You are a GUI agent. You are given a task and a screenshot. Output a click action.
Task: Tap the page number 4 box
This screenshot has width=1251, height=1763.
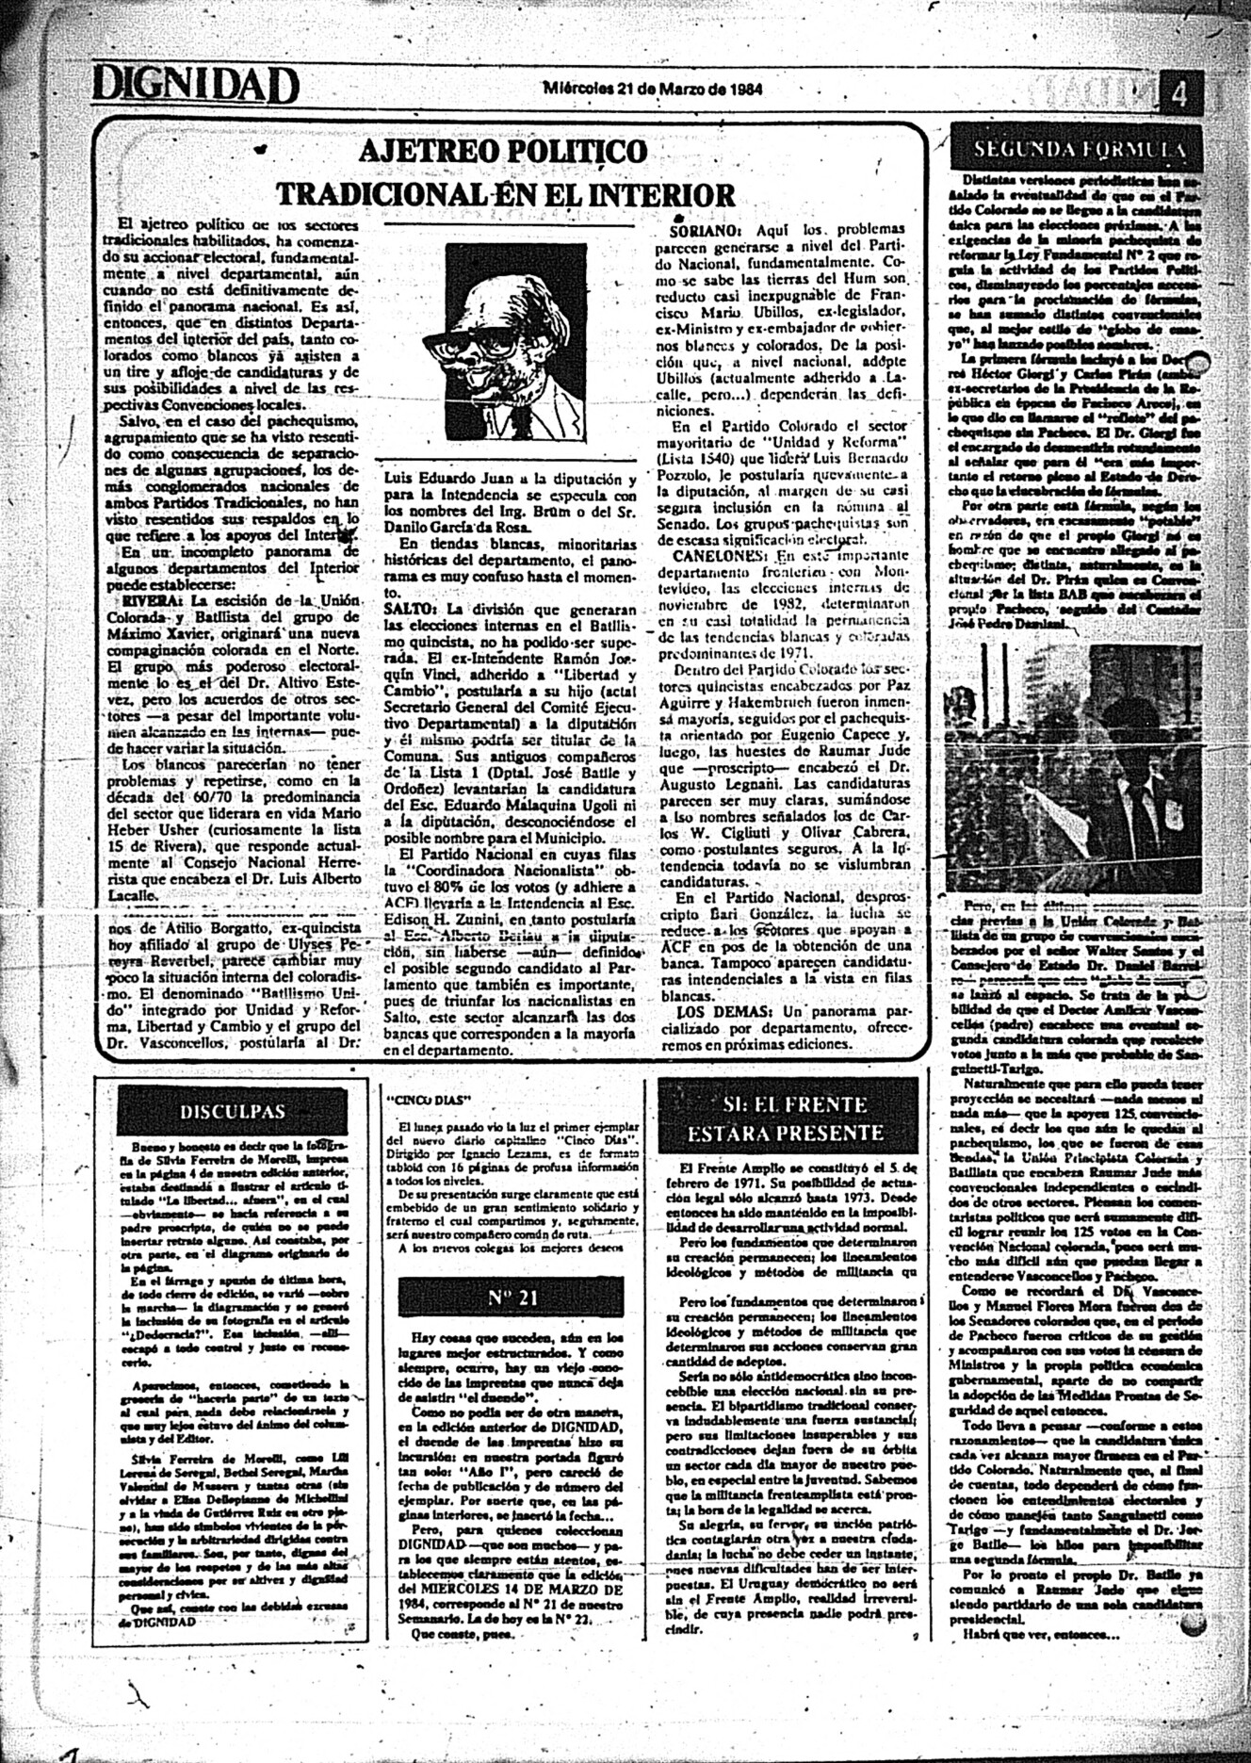(x=1179, y=95)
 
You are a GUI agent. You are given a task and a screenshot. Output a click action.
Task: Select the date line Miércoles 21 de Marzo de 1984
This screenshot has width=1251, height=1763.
(x=653, y=90)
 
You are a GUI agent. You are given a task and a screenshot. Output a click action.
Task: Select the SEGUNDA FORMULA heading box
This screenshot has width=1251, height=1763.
(x=1080, y=149)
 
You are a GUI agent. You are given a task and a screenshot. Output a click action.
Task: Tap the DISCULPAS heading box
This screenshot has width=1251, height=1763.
(x=233, y=1112)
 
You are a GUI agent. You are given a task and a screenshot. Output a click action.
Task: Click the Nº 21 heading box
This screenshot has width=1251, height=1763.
(x=512, y=1298)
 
